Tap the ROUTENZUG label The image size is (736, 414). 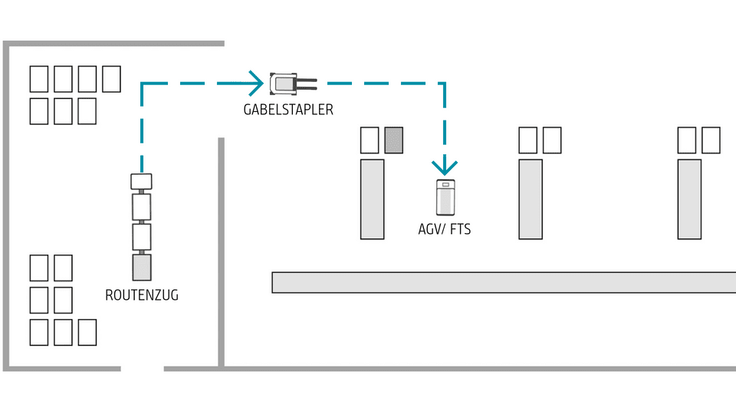[x=142, y=294]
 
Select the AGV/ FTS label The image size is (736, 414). [x=445, y=228]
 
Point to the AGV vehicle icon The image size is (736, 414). [x=445, y=198]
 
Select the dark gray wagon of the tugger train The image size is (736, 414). [x=142, y=268]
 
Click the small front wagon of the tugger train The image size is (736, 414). [x=142, y=182]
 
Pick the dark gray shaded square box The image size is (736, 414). [x=393, y=140]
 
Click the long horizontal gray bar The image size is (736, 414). [x=503, y=282]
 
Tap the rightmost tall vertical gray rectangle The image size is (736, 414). [x=689, y=199]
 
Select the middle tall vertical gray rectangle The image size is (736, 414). [x=530, y=199]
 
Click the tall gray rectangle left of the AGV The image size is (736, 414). [x=373, y=199]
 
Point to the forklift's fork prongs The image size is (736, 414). [x=307, y=80]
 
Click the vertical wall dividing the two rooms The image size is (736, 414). [x=221, y=253]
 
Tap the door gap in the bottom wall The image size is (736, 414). [x=143, y=369]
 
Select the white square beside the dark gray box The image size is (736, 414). [x=370, y=140]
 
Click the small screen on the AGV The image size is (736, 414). [x=445, y=185]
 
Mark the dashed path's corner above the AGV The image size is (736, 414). [x=445, y=82]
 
